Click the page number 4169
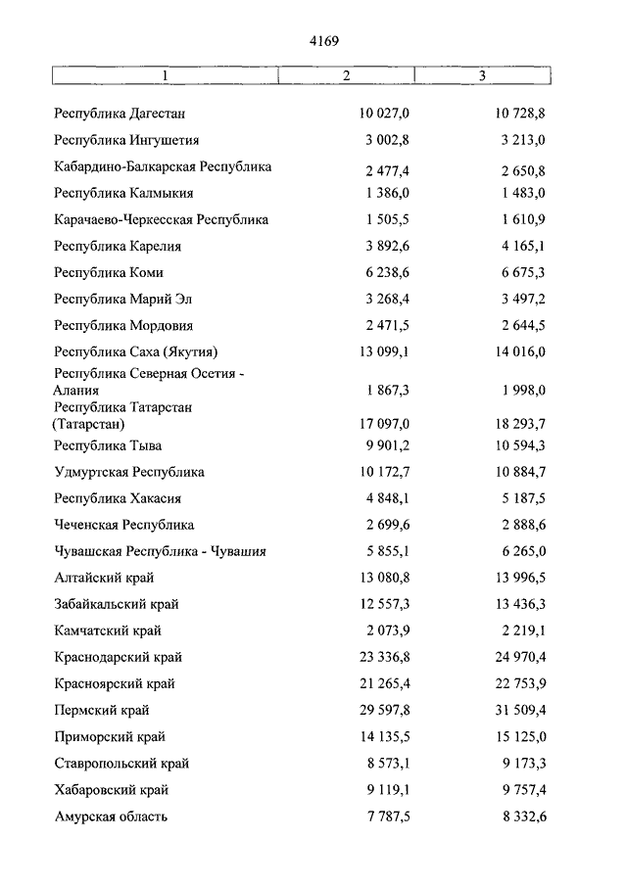tap(323, 40)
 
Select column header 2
tap(347, 75)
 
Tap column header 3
tap(482, 75)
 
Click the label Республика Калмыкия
tap(124, 194)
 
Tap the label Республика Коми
tap(110, 273)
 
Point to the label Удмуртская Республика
tap(129, 472)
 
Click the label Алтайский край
tap(105, 578)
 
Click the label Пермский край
tap(103, 710)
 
